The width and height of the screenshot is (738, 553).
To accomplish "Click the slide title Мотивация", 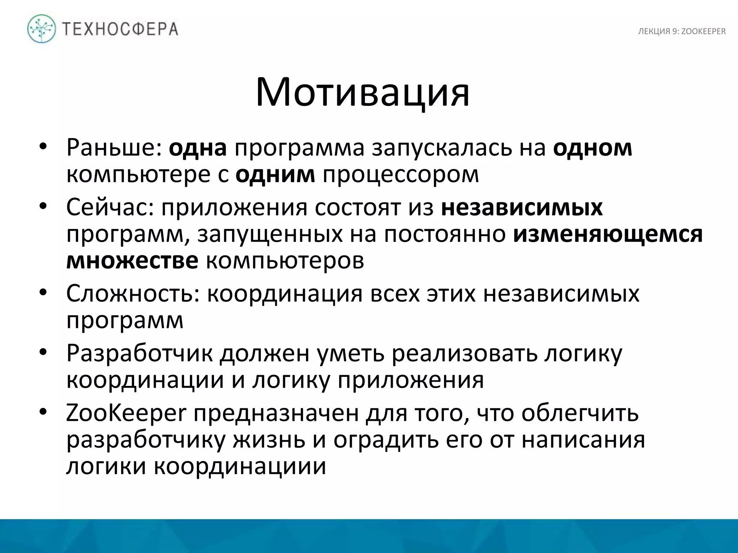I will pos(363,93).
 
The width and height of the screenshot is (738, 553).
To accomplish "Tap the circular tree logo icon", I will pos(42,29).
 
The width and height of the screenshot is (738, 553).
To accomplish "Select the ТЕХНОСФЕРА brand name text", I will pos(120,29).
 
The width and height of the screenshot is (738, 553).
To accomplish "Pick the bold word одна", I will pos(198,148).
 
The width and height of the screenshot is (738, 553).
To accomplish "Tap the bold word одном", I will pos(593,148).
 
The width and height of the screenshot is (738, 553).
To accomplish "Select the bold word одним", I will pos(275,175).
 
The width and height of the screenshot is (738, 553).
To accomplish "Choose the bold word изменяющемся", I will pos(608,234).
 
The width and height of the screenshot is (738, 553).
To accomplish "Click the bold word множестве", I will pos(132,261).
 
